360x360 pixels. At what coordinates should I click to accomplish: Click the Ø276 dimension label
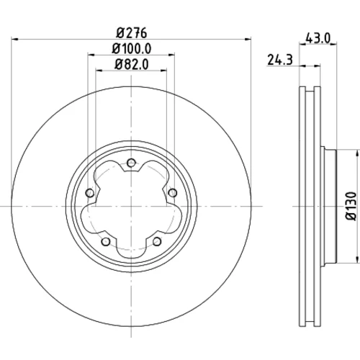coord(132,33)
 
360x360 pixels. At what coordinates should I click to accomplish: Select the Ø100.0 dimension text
coord(132,49)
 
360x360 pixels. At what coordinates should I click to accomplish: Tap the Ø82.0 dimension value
coord(132,64)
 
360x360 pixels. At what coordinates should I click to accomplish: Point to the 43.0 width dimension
coord(318,38)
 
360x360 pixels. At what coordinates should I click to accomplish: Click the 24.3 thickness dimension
coord(280,60)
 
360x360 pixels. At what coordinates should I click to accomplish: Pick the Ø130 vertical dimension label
coord(351,206)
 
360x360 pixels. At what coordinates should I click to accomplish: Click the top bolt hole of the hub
coord(131,163)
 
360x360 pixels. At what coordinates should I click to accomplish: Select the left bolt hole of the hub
coord(90,193)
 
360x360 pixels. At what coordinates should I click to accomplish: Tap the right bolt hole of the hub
coord(173,193)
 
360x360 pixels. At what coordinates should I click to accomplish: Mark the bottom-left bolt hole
coord(106,241)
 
